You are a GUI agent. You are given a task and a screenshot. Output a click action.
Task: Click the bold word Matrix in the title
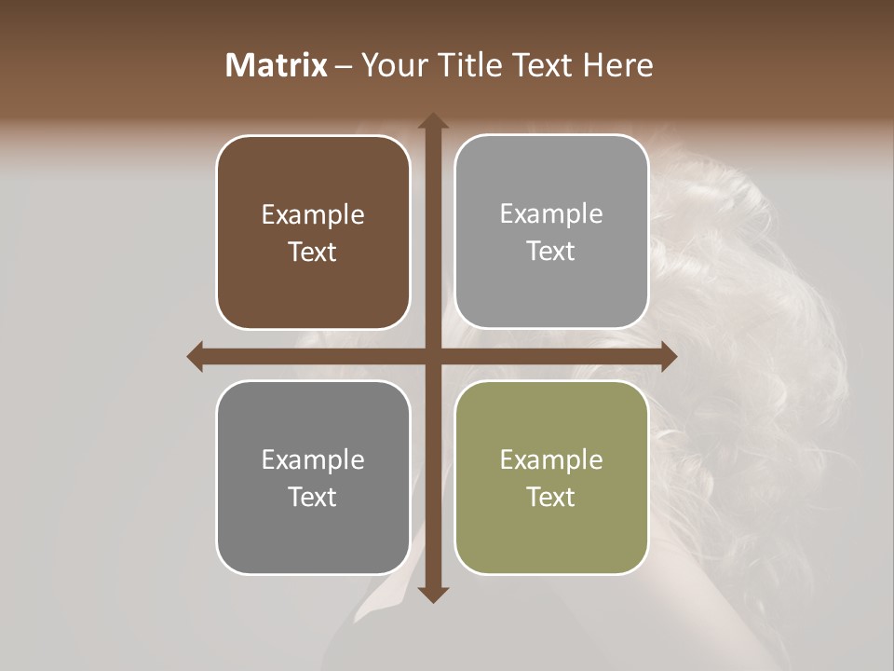pos(277,65)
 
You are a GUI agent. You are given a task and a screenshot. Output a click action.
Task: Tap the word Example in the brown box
pos(313,215)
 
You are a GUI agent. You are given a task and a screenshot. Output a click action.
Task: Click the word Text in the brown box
pos(313,252)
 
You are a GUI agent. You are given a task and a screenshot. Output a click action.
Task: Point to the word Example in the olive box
pos(551,459)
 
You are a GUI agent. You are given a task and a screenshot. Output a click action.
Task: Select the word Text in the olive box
pos(551,497)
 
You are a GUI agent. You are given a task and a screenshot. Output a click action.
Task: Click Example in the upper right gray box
pos(551,214)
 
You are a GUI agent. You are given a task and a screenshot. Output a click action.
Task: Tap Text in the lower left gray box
pos(313,497)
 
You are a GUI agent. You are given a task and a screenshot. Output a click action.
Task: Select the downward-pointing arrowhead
pos(432,595)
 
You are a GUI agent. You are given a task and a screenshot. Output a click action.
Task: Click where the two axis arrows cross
pos(432,356)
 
